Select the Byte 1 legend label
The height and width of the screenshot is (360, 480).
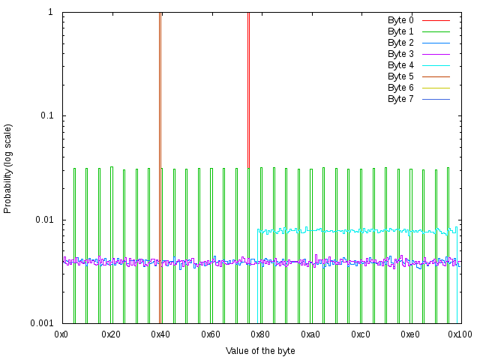[400, 31]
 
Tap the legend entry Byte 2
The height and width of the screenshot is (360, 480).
[400, 43]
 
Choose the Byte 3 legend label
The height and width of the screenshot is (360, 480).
[400, 54]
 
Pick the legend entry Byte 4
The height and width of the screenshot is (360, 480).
[400, 65]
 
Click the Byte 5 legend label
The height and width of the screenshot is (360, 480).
[400, 76]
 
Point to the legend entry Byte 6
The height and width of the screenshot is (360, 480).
[400, 88]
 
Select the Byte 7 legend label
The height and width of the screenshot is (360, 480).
[400, 99]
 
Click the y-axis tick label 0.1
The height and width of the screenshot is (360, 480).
[46, 116]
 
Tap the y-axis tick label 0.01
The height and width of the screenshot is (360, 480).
[43, 220]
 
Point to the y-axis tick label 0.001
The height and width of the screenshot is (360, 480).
[41, 323]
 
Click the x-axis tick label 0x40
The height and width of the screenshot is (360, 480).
[161, 334]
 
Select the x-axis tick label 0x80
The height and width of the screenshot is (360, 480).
[261, 334]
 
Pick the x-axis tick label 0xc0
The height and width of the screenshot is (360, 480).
[361, 334]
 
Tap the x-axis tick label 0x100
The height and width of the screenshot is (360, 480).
[459, 334]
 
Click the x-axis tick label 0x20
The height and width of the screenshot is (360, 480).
[112, 334]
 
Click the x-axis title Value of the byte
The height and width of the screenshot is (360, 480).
[260, 350]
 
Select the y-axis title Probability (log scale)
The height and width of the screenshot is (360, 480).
[8, 168]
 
